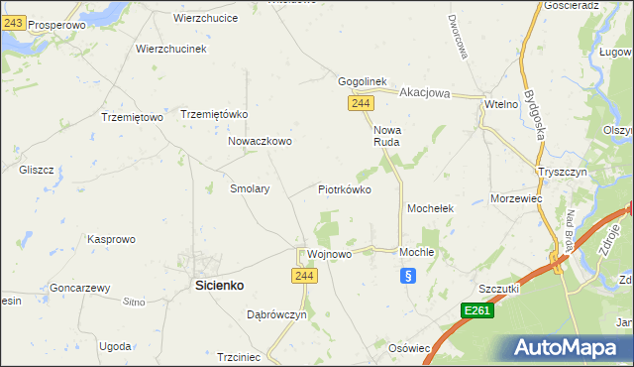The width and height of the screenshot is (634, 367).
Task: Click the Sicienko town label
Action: coord(217,285)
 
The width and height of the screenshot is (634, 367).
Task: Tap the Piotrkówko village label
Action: coord(344,188)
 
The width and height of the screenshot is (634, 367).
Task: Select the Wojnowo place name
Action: coord(330,254)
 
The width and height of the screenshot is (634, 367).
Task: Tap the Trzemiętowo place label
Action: coord(132,117)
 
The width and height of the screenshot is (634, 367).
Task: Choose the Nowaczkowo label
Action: coord(260,141)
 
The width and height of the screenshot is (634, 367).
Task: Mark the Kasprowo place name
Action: coord(112,239)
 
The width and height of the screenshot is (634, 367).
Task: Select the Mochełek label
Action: coord(431,209)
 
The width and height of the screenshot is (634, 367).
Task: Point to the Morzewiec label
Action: coord(516,198)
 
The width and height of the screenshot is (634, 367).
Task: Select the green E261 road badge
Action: coord(477,311)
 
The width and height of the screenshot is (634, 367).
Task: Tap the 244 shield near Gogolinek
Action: coord(360,103)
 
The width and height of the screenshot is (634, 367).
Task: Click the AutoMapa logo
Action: coord(571,347)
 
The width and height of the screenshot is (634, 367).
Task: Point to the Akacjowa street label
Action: coord(425,93)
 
